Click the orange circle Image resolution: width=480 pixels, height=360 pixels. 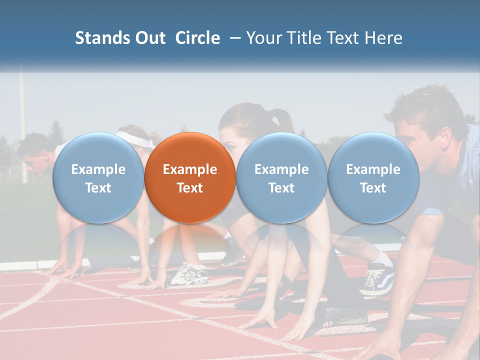(190, 177)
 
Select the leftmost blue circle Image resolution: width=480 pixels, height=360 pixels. (98, 177)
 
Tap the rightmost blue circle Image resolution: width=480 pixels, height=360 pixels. (373, 177)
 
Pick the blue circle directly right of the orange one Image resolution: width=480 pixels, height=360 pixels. (281, 177)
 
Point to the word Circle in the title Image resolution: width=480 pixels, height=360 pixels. (197, 38)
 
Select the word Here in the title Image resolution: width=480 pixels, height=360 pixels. (383, 38)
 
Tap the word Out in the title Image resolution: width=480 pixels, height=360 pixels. (148, 38)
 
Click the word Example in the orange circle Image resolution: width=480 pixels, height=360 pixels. (190, 169)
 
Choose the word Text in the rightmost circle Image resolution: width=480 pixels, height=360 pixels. (373, 188)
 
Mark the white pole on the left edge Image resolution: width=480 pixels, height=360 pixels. (22, 125)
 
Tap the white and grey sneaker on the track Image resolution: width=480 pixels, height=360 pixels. (189, 274)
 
